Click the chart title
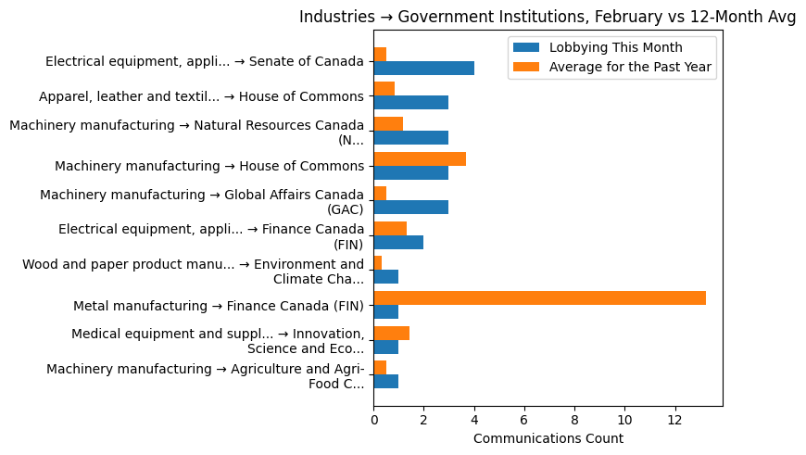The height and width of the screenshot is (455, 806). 548,17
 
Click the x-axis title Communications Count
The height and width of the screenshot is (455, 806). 548,438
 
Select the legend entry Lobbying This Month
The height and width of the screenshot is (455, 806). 615,47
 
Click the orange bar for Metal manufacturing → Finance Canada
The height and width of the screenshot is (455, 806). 539,297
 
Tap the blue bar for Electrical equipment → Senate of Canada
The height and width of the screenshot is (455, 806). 423,68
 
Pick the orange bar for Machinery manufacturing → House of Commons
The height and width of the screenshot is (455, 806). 420,158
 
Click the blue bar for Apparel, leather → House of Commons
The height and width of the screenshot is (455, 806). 410,103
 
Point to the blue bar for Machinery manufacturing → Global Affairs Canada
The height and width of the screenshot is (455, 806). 410,208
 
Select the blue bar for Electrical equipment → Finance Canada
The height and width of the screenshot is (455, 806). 398,242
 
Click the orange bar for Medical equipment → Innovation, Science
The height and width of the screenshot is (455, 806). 391,333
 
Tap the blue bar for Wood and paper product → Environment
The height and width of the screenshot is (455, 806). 385,277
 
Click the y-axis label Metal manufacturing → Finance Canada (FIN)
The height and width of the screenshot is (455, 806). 219,306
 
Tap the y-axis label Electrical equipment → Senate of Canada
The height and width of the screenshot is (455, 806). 205,61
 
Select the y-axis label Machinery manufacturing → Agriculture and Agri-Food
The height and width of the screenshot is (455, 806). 205,376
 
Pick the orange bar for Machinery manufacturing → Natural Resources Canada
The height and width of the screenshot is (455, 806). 388,123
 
